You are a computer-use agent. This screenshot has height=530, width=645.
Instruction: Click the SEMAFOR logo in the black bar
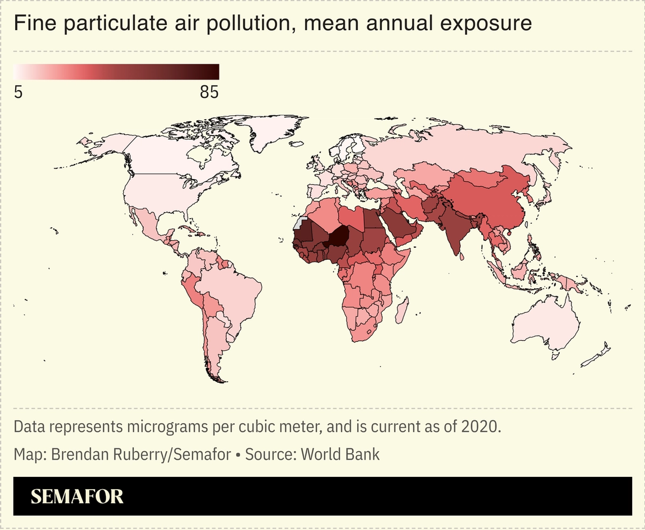pyautogui.click(x=77, y=496)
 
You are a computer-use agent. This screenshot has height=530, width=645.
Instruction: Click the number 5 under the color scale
pyautogui.click(x=18, y=92)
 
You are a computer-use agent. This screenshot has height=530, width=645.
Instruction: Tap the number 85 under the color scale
pyautogui.click(x=209, y=92)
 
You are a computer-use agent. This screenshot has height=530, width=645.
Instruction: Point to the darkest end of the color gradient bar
pyautogui.click(x=216, y=72)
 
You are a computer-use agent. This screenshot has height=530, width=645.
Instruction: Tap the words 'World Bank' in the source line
pyautogui.click(x=340, y=454)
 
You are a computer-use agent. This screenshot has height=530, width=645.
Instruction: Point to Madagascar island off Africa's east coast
pyautogui.click(x=401, y=311)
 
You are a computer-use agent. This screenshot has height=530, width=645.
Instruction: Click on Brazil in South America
pyautogui.click(x=235, y=291)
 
